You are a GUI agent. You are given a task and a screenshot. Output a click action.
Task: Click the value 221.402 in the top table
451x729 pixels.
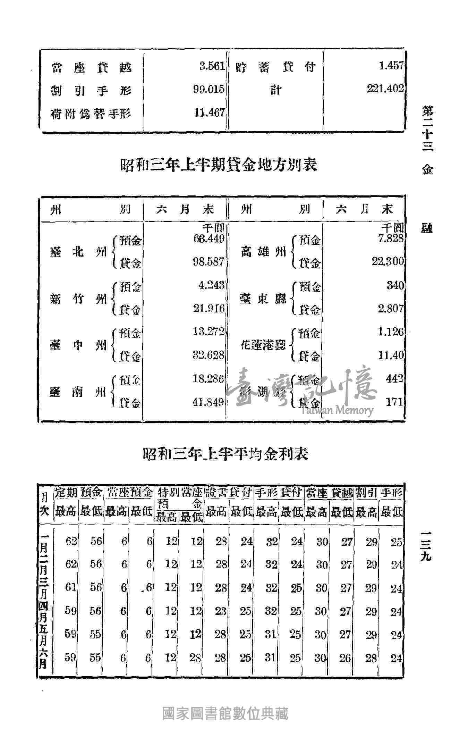[386, 89]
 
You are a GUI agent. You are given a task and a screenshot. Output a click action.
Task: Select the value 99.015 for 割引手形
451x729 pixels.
[209, 89]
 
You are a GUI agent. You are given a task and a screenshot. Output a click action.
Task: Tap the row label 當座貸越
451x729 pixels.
[92, 67]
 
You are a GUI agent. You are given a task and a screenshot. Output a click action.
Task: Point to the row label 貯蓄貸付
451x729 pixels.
[275, 67]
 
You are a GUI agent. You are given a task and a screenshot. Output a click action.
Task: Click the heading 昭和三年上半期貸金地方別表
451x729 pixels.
[219, 165]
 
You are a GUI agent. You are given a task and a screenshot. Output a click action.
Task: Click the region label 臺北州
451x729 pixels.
[78, 252]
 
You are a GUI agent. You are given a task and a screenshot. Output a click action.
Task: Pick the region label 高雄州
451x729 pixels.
[263, 252]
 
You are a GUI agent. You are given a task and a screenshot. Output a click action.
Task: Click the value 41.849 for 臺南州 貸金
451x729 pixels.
[209, 402]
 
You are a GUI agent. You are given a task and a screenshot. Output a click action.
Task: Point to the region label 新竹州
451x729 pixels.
[78, 298]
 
